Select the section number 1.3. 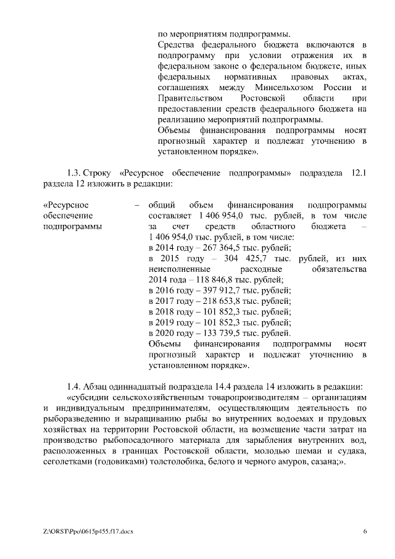coord(73,173)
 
